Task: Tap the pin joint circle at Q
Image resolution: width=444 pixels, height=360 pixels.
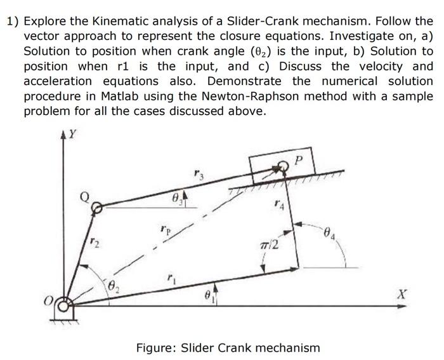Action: click(x=96, y=207)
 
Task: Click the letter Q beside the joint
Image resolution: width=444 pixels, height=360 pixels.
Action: click(x=83, y=197)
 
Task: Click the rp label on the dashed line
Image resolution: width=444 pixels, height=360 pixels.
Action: click(x=165, y=227)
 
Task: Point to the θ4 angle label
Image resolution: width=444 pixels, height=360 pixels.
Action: click(x=329, y=234)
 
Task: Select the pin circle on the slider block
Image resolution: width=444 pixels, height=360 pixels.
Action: click(x=284, y=166)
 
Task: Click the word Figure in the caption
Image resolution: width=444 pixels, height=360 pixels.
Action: click(x=155, y=348)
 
